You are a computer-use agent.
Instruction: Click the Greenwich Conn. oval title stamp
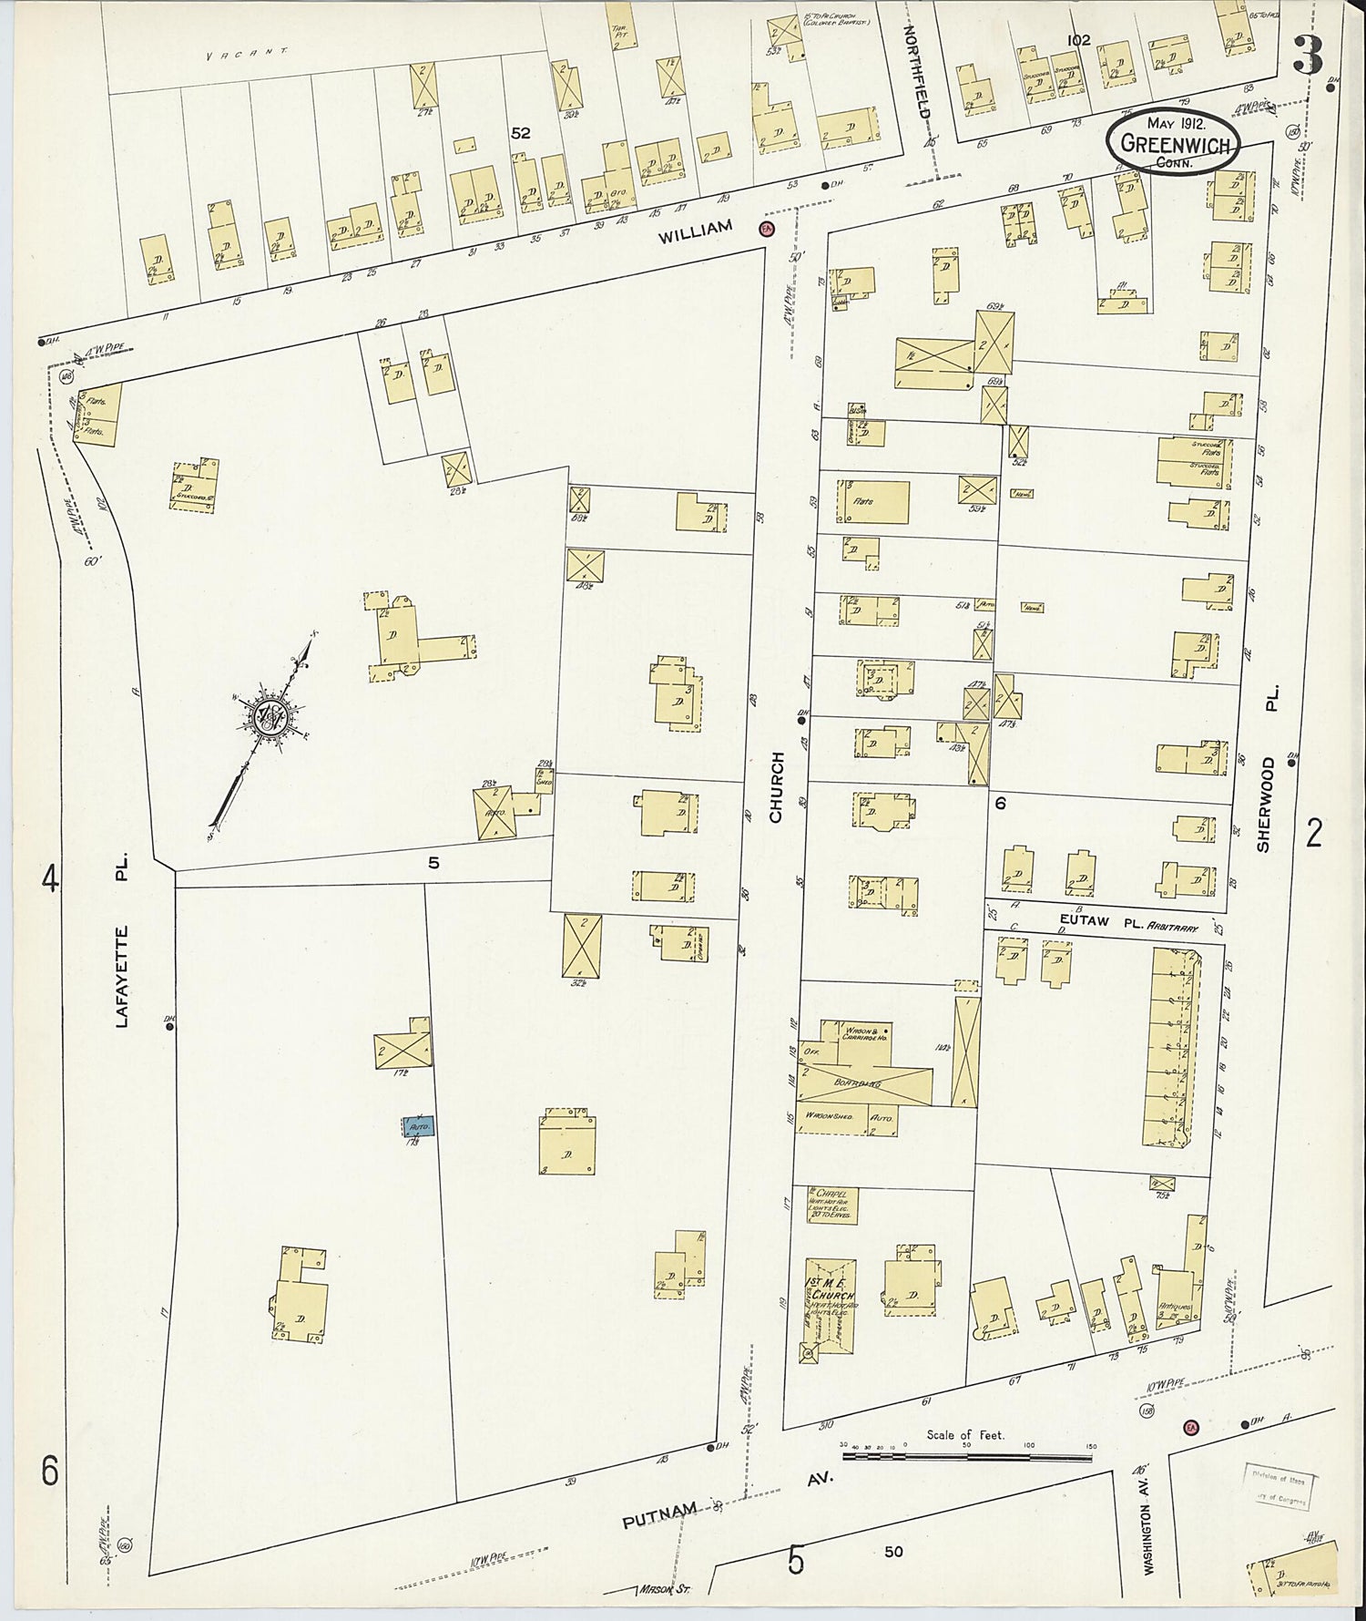[x=1173, y=143]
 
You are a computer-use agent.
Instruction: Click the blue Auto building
[x=419, y=1126]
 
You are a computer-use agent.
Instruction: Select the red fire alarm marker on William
[x=766, y=229]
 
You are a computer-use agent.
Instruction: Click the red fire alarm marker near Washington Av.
[x=1190, y=1426]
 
